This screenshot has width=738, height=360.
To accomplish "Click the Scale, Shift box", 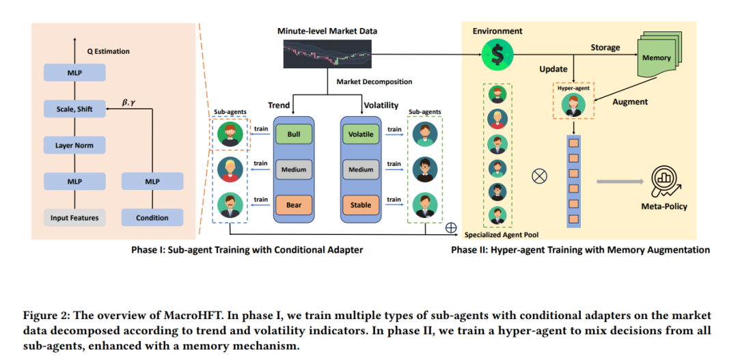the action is click(74, 109).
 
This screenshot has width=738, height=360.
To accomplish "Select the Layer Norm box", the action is click(74, 146).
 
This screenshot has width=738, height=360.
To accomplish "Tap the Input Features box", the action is click(74, 218).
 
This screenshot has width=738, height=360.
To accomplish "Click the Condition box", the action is click(152, 218).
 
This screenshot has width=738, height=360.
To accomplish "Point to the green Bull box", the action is click(294, 134).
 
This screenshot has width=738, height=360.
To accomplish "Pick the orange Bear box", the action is click(294, 205).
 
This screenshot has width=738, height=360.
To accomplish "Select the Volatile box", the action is click(361, 134).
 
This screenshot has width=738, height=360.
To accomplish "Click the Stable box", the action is click(361, 205).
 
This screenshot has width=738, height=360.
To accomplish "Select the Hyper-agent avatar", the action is click(573, 105).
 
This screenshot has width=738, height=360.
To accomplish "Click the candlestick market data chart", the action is click(327, 53).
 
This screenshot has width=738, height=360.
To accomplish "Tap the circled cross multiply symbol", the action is click(539, 176).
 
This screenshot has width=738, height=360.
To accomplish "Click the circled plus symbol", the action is click(451, 227).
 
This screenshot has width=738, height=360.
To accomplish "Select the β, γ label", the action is click(129, 100).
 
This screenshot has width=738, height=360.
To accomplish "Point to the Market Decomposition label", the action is click(374, 81).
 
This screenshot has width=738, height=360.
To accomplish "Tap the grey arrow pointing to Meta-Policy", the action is click(619, 182).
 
